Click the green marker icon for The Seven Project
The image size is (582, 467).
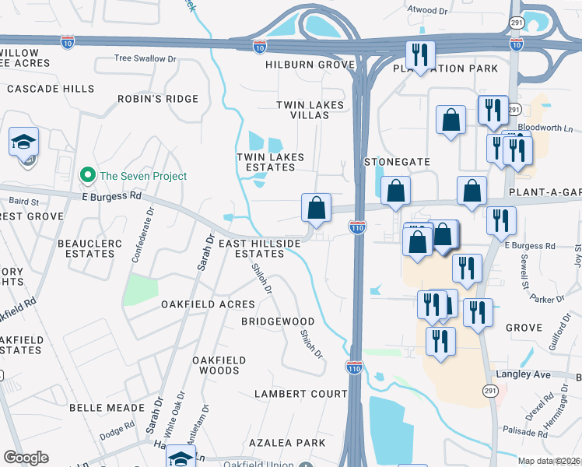click(x=89, y=176)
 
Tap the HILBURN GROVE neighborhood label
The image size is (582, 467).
click(x=310, y=65)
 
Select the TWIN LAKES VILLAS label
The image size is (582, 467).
click(x=303, y=110)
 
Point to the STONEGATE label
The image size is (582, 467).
click(x=397, y=162)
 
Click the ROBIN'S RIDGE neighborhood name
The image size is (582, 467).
click(x=158, y=99)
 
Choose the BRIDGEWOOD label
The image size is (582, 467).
click(x=277, y=321)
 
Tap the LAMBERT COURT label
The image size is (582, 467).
click(x=300, y=394)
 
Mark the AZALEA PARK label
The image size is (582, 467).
click(x=287, y=442)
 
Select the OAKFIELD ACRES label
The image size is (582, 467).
click(x=208, y=304)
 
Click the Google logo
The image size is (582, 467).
click(x=26, y=458)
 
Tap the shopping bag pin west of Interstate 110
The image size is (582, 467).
click(x=316, y=208)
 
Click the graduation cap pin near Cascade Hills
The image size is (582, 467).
click(x=23, y=142)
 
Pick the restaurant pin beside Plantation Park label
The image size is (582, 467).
click(x=419, y=55)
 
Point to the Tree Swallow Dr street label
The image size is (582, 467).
click(x=140, y=58)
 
